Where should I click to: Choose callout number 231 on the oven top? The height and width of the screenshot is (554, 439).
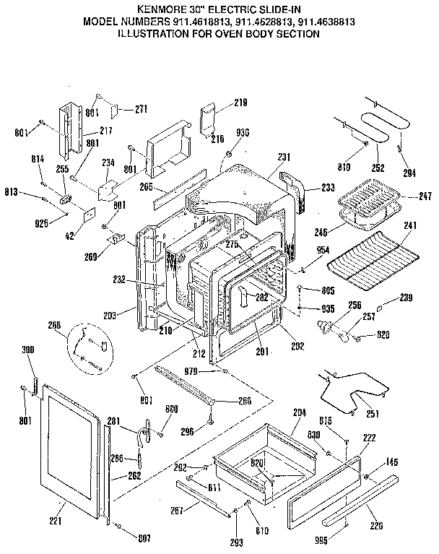point(283,156)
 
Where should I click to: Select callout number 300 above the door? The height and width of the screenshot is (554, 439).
point(28,350)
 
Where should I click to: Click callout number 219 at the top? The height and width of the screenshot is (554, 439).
point(240,103)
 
